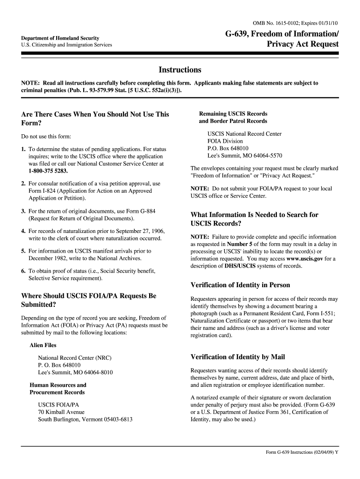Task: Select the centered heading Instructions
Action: tap(180, 70)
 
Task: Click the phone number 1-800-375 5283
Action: tap(48, 172)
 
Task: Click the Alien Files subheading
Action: tap(43, 345)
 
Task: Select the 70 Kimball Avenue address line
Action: tap(61, 412)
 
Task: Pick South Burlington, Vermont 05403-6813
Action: tap(85, 420)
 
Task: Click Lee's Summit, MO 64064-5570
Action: tap(245, 156)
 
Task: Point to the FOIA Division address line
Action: tap(225, 141)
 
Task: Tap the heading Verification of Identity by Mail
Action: tap(238, 357)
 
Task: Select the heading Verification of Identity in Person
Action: tap(240, 285)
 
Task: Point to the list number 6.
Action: tap(23, 271)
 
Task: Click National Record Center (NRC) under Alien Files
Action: tap(75, 358)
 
